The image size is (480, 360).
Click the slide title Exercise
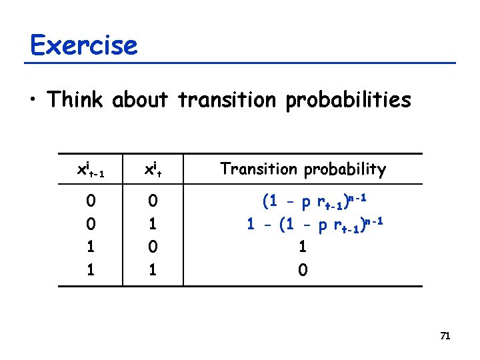[83, 45]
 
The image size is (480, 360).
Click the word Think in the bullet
[75, 100]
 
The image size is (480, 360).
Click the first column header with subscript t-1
[89, 170]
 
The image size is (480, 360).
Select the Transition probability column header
[303, 169]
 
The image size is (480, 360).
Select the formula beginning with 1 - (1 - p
[314, 224]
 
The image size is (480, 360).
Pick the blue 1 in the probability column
[303, 247]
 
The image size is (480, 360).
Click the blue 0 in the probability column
[303, 270]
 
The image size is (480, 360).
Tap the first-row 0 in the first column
[90, 201]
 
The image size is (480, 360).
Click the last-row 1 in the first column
[90, 270]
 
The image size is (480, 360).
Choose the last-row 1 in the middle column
[153, 270]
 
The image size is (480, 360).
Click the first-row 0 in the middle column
[153, 201]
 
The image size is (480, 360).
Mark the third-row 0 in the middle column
[153, 247]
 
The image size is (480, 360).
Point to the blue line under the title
[240, 63]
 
